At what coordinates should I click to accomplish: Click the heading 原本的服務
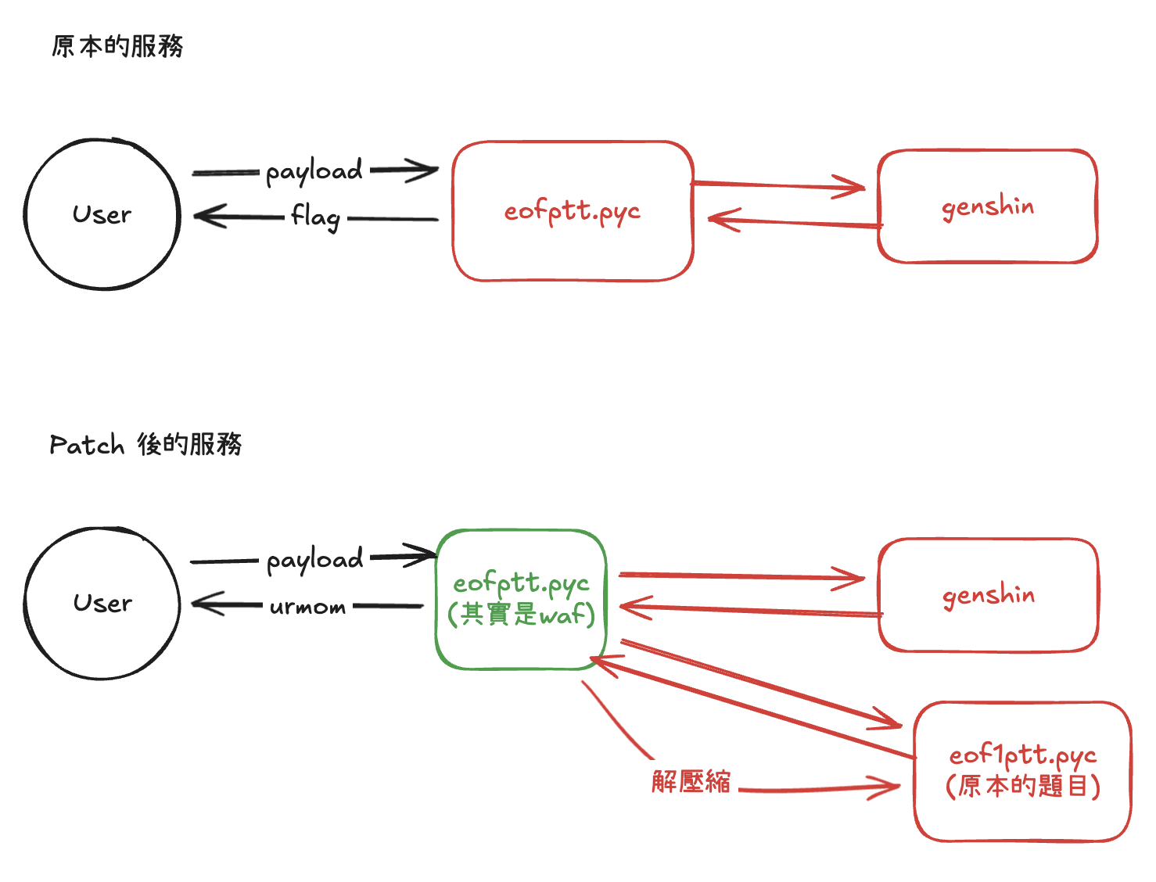pyautogui.click(x=117, y=47)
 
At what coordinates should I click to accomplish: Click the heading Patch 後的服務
pyautogui.click(x=145, y=445)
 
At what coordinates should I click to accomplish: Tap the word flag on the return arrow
pyautogui.click(x=316, y=217)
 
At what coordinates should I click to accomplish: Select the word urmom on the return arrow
pyautogui.click(x=307, y=607)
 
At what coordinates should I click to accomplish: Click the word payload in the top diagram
pyautogui.click(x=314, y=171)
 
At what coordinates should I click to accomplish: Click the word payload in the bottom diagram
pyautogui.click(x=314, y=560)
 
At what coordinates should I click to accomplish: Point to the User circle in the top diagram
pyautogui.click(x=102, y=214)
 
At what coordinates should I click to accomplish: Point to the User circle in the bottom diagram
pyautogui.click(x=102, y=603)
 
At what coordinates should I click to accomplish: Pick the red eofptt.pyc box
pyautogui.click(x=573, y=211)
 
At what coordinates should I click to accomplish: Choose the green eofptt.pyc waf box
pyautogui.click(x=521, y=599)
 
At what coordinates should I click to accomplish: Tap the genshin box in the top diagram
pyautogui.click(x=987, y=206)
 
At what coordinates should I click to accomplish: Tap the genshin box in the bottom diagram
pyautogui.click(x=989, y=595)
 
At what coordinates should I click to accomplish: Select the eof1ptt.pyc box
pyautogui.click(x=1022, y=771)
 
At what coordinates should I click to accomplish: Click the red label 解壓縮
pyautogui.click(x=691, y=781)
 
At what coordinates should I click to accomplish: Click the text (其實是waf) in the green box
pyautogui.click(x=521, y=615)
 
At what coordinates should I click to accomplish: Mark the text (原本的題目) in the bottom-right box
pyautogui.click(x=1022, y=786)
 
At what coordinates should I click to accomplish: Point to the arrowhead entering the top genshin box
pyautogui.click(x=857, y=187)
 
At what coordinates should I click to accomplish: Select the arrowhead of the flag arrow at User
pyautogui.click(x=202, y=216)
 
